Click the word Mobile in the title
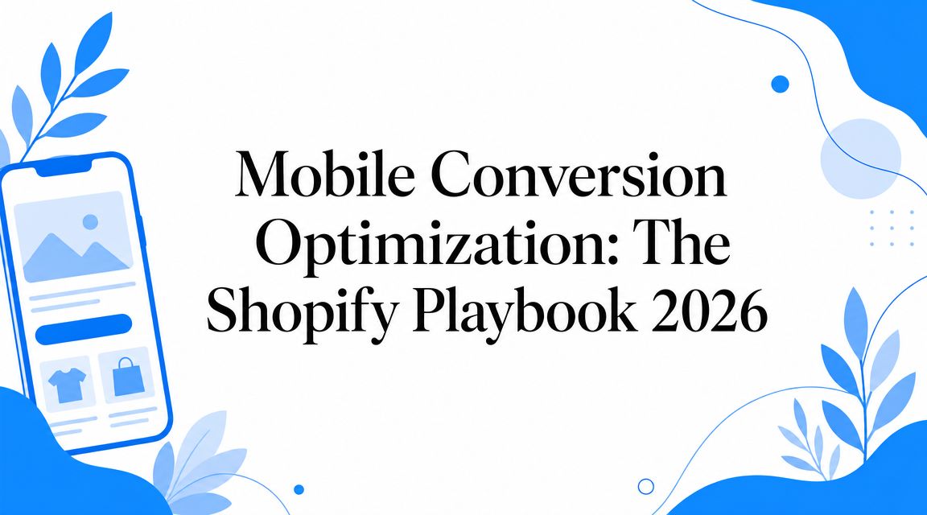(x=324, y=175)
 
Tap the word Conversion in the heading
(x=579, y=175)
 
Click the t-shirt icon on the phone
(x=67, y=385)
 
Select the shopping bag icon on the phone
(x=128, y=377)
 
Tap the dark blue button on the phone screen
(x=84, y=329)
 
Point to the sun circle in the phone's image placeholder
(x=90, y=222)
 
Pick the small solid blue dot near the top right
(x=781, y=84)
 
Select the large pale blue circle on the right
(x=861, y=159)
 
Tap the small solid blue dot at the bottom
(x=299, y=489)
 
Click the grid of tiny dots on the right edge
(x=892, y=228)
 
